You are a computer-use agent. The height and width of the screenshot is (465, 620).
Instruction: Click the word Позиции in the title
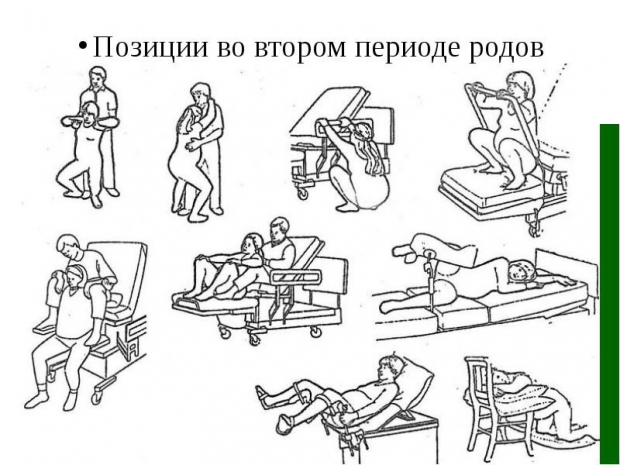coord(150,47)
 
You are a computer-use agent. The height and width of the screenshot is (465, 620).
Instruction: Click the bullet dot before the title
coord(83,44)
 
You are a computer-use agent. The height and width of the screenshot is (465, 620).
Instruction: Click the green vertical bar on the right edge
coord(609,294)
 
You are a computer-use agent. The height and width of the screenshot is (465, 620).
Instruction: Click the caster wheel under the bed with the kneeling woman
coord(303,194)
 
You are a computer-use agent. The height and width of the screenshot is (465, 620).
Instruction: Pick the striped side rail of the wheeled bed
coord(296,276)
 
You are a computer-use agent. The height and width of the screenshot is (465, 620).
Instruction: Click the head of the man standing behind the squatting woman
coord(98,77)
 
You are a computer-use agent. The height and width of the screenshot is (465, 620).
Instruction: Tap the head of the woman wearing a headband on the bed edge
coord(75,275)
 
